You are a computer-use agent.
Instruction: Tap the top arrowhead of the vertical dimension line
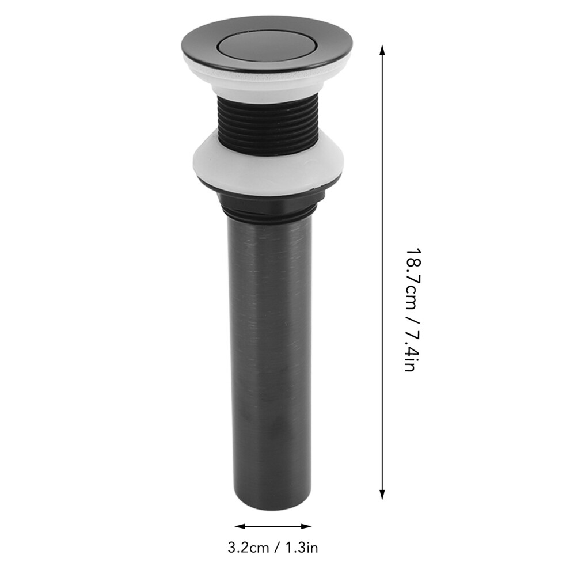coord(382,50)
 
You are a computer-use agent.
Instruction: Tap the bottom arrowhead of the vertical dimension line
coord(382,494)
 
